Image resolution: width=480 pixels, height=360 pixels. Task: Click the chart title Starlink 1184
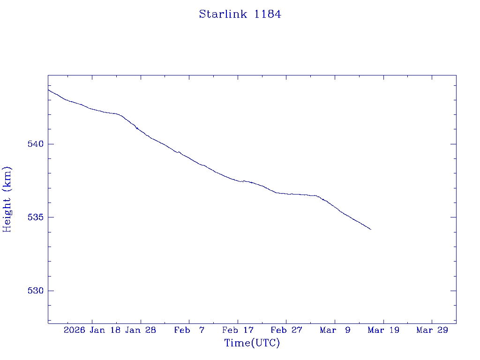240,14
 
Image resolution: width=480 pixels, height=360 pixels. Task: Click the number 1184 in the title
268,14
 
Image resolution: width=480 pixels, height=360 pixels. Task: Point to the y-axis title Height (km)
7,199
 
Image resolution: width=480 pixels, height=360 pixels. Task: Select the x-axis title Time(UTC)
252,343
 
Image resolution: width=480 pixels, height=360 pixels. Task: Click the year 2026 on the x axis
75,330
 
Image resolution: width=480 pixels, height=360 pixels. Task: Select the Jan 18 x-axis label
105,330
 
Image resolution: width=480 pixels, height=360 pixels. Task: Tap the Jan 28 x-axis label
141,330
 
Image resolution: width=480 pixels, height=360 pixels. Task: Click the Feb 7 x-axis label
189,330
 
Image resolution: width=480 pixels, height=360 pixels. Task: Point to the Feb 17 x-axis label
238,330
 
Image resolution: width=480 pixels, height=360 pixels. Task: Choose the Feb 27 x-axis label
286,330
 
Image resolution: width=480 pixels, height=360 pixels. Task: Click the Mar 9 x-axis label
335,330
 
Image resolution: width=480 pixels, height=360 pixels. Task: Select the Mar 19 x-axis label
383,330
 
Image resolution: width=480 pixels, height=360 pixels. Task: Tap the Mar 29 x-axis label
432,330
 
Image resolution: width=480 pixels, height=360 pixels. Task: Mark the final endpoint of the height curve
371,229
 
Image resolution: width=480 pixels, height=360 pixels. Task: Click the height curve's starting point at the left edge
48,90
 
